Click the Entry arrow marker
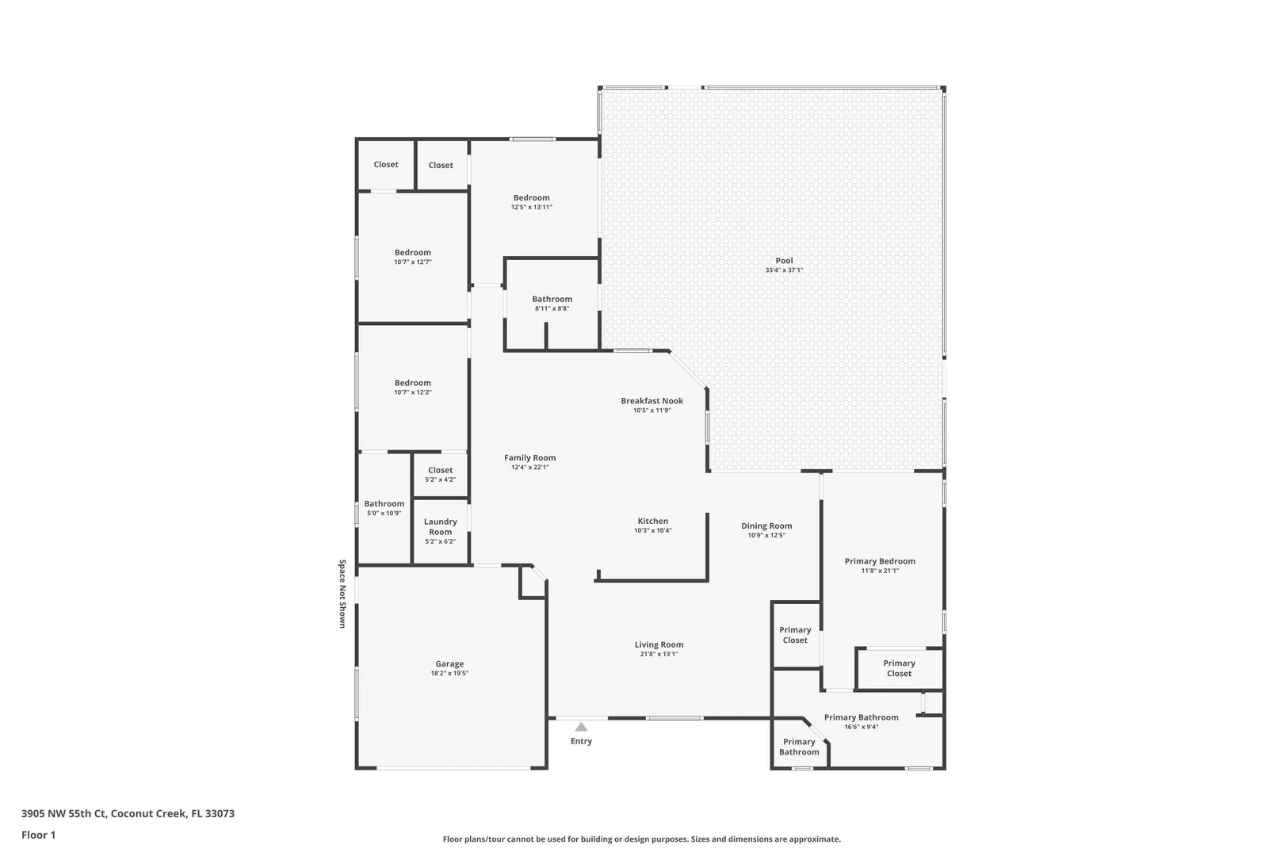581,727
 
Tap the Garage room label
449,663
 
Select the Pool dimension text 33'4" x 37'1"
784,270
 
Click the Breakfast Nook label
652,401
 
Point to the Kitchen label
653,521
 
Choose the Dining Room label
766,525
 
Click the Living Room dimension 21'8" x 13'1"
659,654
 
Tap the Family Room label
530,457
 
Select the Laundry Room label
440,527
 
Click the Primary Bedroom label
880,561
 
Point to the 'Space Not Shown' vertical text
342,594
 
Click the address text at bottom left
128,813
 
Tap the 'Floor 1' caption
38,835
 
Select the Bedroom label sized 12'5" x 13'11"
531,198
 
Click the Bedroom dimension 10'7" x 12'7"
413,262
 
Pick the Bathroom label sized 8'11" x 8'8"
552,299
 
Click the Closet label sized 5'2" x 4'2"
440,470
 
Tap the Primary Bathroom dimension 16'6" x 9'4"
862,727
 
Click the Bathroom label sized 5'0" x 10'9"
384,504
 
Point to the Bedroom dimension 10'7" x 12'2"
413,393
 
